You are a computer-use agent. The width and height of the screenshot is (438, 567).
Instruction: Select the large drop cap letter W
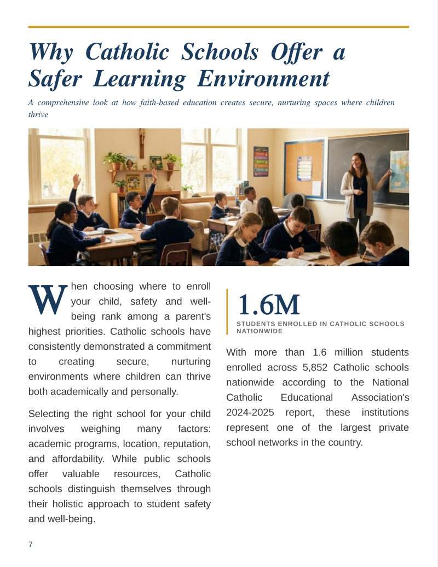[48, 299]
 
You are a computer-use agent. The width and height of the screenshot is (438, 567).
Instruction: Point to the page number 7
[31, 544]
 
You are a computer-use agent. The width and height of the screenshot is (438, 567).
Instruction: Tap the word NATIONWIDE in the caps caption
[260, 331]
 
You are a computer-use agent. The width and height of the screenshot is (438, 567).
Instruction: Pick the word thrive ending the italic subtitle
[38, 114]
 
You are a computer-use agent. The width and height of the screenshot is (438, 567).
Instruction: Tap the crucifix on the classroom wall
[142, 141]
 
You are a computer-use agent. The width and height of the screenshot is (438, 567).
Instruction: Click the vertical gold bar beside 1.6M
[227, 311]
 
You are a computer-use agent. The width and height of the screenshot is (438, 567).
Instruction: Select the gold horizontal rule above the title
[218, 26]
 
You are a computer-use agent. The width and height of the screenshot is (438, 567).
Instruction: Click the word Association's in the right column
[376, 397]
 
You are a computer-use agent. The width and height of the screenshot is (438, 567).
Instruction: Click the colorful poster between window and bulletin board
[261, 161]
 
